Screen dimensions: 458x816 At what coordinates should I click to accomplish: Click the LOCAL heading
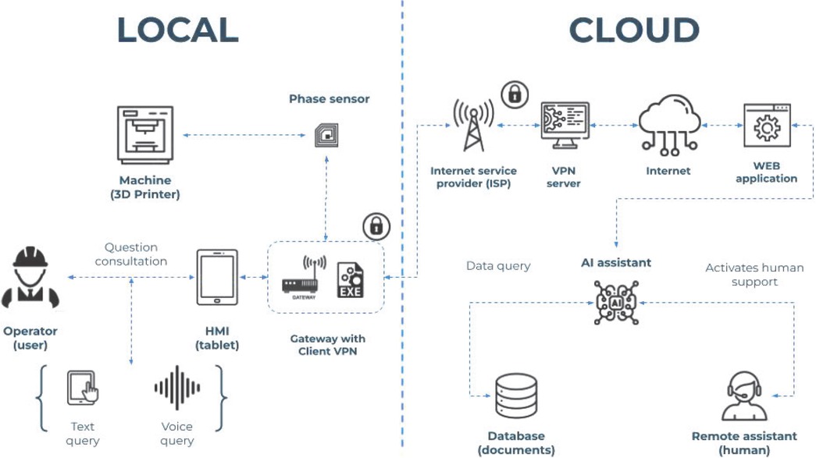pyautogui.click(x=177, y=30)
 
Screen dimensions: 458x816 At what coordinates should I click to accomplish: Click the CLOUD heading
pyautogui.click(x=633, y=30)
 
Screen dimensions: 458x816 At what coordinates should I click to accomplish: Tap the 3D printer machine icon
pyautogui.click(x=145, y=135)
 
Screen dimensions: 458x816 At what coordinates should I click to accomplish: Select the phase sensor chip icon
pyautogui.click(x=326, y=135)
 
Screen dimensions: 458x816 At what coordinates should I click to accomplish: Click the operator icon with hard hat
pyautogui.click(x=30, y=279)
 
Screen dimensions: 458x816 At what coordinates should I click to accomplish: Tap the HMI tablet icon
pyautogui.click(x=217, y=278)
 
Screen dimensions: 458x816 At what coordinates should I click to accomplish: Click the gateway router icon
pyautogui.click(x=300, y=279)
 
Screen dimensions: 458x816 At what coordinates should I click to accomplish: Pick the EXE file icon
pyautogui.click(x=350, y=279)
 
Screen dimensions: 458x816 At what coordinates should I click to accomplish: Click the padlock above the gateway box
pyautogui.click(x=376, y=226)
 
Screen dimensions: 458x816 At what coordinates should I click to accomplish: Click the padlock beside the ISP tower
pyautogui.click(x=515, y=94)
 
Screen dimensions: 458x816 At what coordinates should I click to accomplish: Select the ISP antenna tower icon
pyautogui.click(x=473, y=126)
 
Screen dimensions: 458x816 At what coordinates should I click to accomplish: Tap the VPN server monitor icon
pyautogui.click(x=565, y=125)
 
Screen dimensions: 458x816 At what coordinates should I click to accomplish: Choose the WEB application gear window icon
pyautogui.click(x=766, y=126)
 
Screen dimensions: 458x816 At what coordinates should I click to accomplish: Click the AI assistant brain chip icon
pyautogui.click(x=616, y=302)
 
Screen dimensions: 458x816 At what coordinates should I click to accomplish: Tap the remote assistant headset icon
pyautogui.click(x=743, y=396)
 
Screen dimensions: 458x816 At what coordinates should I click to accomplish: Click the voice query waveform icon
pyautogui.click(x=177, y=388)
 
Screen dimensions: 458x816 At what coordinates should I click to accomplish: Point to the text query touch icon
pyautogui.click(x=83, y=389)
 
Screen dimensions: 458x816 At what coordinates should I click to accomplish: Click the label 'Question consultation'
pyautogui.click(x=131, y=254)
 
